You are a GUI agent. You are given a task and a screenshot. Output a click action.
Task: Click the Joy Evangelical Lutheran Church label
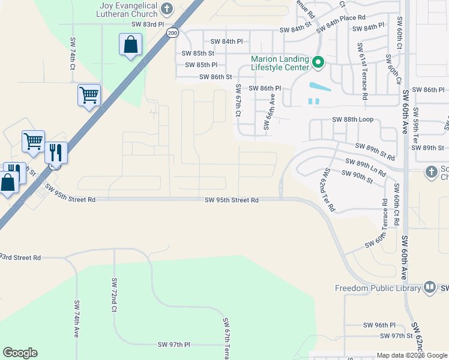[128, 10]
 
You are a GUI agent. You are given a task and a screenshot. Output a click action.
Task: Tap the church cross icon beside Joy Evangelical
[167, 9]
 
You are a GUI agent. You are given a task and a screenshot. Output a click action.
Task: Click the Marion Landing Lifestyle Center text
[280, 64]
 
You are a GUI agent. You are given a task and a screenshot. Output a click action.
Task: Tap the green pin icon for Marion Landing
[319, 62]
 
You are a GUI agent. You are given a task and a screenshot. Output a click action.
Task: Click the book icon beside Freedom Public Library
[430, 288]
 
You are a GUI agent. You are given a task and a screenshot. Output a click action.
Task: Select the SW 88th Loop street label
[353, 119]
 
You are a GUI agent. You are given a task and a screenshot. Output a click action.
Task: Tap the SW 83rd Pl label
[147, 24]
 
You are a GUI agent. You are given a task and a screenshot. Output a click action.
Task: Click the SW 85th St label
[198, 53]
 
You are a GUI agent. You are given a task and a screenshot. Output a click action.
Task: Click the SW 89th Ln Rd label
[366, 166]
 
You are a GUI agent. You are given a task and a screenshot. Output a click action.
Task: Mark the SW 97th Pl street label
[174, 344]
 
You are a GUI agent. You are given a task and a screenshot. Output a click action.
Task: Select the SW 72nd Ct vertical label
[113, 295]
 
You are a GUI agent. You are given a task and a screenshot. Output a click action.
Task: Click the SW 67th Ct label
[238, 100]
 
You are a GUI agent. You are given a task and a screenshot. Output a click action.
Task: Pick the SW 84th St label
[296, 29]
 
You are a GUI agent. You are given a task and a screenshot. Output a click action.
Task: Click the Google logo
[20, 353]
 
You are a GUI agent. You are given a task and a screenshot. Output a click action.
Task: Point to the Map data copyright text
[412, 355]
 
